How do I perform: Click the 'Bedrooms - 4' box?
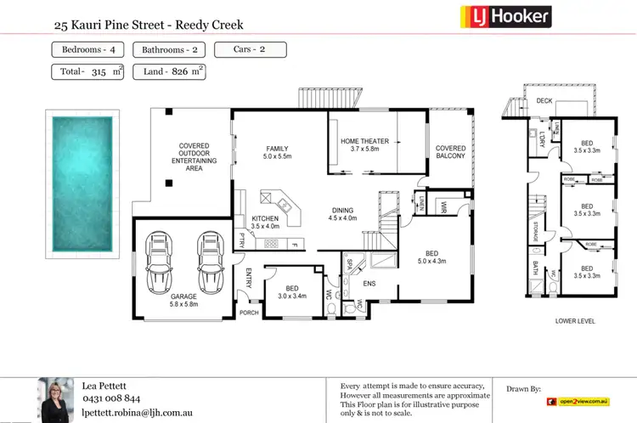[x=90, y=49]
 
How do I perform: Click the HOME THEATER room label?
[x=364, y=141]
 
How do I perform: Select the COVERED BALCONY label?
[x=450, y=151]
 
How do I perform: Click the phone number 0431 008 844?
[x=111, y=398]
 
